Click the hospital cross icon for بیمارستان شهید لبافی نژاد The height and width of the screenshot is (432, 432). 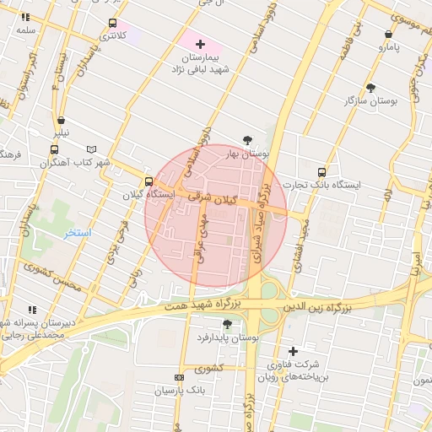200,43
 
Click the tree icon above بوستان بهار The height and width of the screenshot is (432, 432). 247,140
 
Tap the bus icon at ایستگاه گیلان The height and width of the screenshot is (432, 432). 149,181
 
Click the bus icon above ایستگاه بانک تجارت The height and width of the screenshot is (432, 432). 321,171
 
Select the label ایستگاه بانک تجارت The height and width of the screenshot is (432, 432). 321,184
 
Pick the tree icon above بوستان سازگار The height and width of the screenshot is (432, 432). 371,88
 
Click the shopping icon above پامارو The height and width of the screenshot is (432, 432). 388,35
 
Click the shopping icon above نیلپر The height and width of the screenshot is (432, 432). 62,120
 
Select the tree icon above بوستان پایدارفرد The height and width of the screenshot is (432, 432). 226,324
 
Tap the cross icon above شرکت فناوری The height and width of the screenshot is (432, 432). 293,351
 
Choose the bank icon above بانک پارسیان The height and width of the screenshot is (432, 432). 179,377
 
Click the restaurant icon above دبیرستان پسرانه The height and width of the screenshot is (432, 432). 32,310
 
